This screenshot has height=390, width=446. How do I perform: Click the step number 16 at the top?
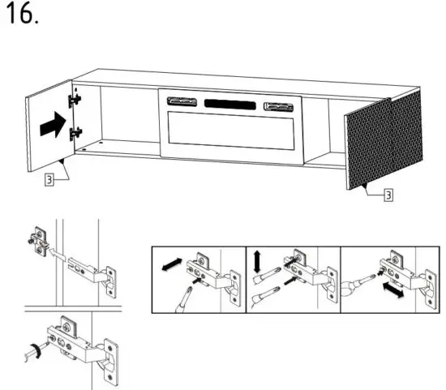[22, 15]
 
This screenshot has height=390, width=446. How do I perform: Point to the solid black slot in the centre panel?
[231, 104]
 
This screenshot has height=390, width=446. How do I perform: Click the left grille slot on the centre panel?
[182, 101]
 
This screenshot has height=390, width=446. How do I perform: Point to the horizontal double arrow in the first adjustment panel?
[172, 265]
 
